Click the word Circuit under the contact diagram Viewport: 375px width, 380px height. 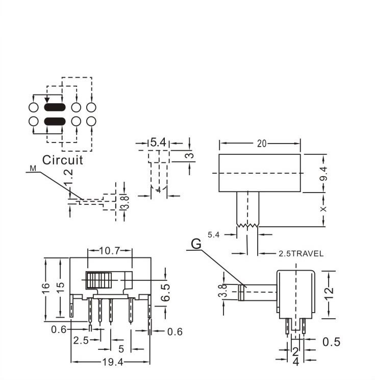click(x=62, y=159)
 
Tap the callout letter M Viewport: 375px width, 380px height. click(x=33, y=168)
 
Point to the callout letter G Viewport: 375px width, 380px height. click(x=196, y=245)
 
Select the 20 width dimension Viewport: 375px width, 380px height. click(x=261, y=144)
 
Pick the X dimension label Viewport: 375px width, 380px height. click(x=323, y=209)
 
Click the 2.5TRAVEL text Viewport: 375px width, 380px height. click(x=301, y=253)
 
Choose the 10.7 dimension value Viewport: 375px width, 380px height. click(x=109, y=251)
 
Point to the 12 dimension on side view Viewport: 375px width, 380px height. click(x=330, y=293)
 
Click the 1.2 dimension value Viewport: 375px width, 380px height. click(x=69, y=176)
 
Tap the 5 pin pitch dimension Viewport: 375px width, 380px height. click(x=121, y=349)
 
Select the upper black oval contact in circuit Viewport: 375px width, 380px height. click(x=55, y=108)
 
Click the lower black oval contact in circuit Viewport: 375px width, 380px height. click(x=55, y=121)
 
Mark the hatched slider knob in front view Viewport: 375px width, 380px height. click(x=98, y=280)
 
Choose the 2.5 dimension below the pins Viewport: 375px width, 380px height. click(x=80, y=340)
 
